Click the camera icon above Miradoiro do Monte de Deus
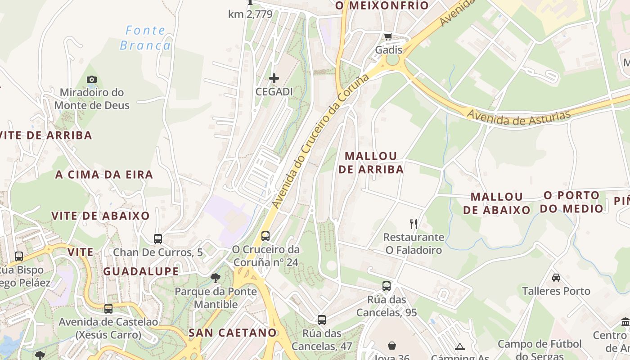click(92, 80)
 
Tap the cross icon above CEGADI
click(274, 79)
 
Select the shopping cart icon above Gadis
click(388, 36)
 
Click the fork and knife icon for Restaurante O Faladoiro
click(414, 224)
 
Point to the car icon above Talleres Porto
click(556, 278)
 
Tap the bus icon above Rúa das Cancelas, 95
click(386, 286)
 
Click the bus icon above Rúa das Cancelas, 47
click(321, 320)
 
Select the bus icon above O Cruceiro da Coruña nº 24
click(265, 236)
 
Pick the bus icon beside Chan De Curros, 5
click(157, 239)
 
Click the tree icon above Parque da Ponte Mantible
click(216, 278)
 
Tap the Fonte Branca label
click(145, 38)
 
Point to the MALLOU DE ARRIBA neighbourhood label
click(371, 162)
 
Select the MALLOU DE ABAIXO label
click(497, 203)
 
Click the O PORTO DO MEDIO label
click(571, 202)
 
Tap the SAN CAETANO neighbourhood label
click(232, 333)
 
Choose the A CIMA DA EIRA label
click(104, 175)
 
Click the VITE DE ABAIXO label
click(100, 216)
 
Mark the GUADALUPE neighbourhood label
click(141, 271)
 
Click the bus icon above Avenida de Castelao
click(108, 309)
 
